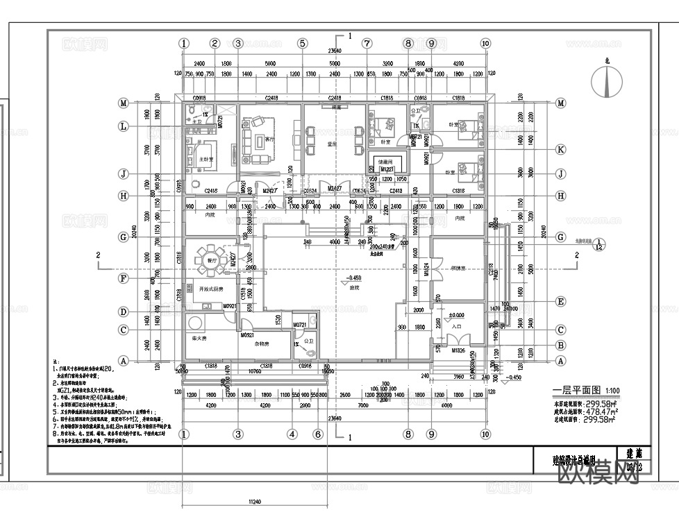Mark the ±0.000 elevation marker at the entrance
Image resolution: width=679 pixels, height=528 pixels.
(x=458, y=315)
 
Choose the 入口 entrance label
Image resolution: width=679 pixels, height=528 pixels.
(x=456, y=325)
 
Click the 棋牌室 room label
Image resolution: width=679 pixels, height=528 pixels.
(x=458, y=267)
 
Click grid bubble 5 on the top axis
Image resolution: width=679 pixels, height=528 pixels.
(x=302, y=43)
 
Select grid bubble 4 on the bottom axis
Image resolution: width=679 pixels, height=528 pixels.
(x=292, y=434)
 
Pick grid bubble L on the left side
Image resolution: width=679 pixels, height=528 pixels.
(x=123, y=126)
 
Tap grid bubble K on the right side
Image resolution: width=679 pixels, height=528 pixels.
(x=560, y=150)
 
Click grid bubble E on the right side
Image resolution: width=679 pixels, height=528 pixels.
(x=560, y=302)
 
